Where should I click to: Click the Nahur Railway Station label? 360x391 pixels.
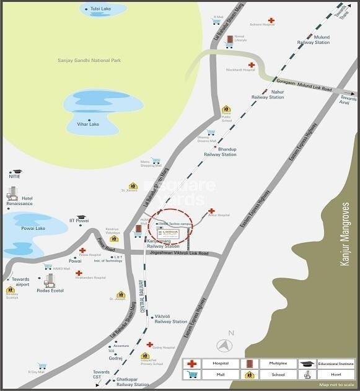pos(268,94)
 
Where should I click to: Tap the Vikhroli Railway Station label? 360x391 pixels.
pos(171,319)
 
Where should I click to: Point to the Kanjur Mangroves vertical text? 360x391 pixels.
pos(346,234)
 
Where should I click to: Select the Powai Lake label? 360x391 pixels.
pos(32,228)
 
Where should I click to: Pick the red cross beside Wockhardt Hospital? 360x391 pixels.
pos(251,64)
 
